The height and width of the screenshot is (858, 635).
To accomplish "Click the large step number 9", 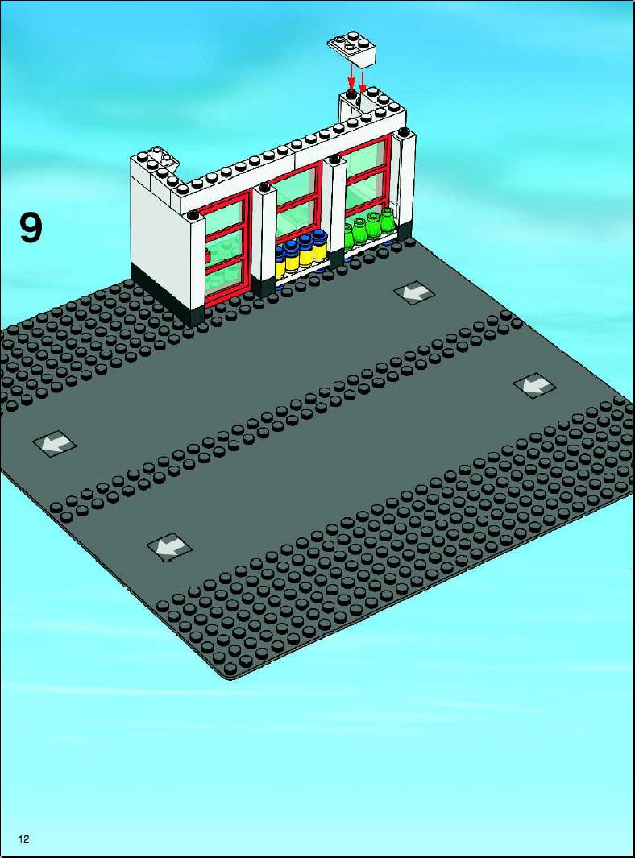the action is [x=31, y=228].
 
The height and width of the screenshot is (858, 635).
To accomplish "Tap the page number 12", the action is [x=23, y=839].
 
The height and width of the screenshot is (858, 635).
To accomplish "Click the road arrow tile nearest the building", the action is [x=415, y=292].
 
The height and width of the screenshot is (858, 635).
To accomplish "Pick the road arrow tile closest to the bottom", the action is [x=170, y=546].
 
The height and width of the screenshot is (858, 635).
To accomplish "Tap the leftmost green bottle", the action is [x=349, y=238].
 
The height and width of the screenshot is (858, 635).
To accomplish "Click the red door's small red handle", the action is [x=207, y=255].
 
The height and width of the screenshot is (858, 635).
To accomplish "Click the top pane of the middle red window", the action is [x=297, y=184].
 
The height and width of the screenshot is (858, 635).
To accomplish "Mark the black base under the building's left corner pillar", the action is [x=167, y=296].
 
